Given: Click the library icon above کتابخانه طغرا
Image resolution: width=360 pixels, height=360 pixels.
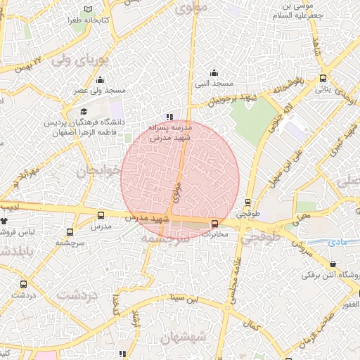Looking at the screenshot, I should click(88, 9).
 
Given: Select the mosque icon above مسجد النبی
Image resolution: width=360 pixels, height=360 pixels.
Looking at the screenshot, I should click(214, 73).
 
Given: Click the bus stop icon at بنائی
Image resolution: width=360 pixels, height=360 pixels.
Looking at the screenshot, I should click(322, 78).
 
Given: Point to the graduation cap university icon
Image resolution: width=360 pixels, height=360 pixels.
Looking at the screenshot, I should click(84, 112).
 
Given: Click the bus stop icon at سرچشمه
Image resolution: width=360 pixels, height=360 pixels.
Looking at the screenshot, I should click(70, 231).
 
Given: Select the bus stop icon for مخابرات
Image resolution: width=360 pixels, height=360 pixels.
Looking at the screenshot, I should click(214, 224).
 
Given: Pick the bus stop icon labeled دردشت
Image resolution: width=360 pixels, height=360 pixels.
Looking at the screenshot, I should click(25, 285).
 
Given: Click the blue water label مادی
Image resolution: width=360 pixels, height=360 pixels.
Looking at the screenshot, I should click(338, 241).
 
